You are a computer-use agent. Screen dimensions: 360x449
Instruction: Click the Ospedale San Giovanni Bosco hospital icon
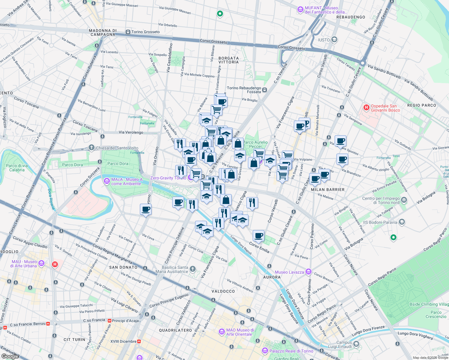pyautogui.click(x=366, y=107)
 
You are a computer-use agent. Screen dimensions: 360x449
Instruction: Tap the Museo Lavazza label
pyautogui.click(x=289, y=272)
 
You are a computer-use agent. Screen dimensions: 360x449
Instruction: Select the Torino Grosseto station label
pyautogui.click(x=145, y=32)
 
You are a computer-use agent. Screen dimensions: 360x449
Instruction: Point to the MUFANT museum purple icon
pyautogui.click(x=300, y=10)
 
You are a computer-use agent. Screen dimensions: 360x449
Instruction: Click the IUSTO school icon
pyautogui.click(x=334, y=40)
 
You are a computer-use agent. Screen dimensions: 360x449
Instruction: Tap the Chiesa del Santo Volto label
pyautogui.click(x=117, y=148)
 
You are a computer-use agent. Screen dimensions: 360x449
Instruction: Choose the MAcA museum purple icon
pyautogui.click(x=107, y=181)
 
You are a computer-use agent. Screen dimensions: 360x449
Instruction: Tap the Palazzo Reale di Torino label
pyautogui.click(x=291, y=351)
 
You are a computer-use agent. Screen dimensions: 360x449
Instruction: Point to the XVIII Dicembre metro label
pyautogui.click(x=123, y=341)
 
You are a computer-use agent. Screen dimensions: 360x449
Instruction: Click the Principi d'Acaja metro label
pyautogui.click(x=125, y=321)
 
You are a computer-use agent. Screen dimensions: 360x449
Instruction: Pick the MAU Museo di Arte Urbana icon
pyautogui.click(x=41, y=263)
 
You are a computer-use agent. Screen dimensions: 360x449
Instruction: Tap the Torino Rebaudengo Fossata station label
pyautogui.click(x=244, y=90)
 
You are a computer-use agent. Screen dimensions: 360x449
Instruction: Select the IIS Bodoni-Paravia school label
pyautogui.click(x=380, y=222)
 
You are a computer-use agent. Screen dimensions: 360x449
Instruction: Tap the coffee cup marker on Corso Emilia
pyautogui.click(x=258, y=236)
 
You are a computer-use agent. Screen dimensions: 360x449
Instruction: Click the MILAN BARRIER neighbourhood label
pyautogui.click(x=328, y=190)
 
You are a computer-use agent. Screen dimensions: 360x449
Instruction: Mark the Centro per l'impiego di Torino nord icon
pyautogui.click(x=404, y=200)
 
